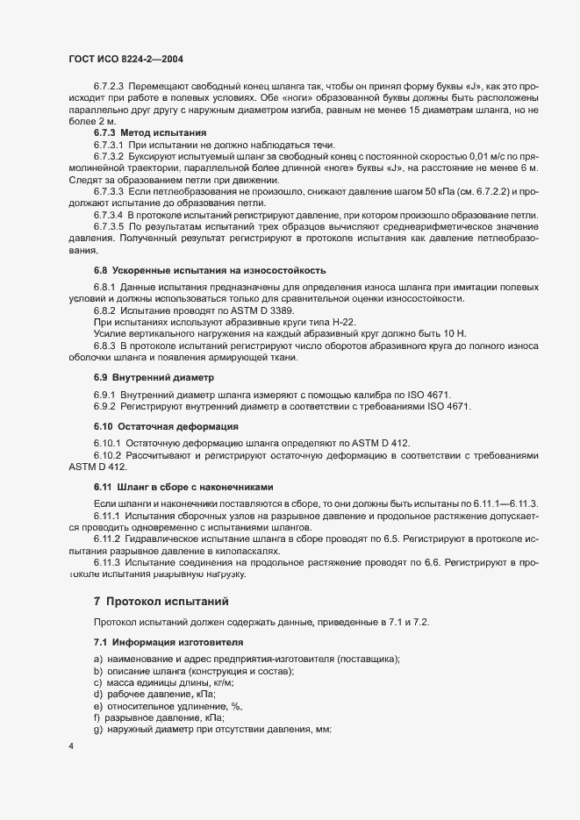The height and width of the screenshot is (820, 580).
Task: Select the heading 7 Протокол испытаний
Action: [161, 602]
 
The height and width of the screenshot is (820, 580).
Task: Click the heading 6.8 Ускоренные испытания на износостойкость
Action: [209, 269]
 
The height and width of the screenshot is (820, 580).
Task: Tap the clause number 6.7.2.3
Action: [110, 87]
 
